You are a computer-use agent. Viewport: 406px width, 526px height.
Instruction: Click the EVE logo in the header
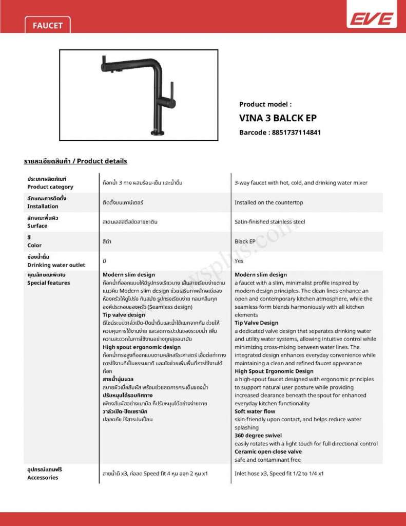click(372, 19)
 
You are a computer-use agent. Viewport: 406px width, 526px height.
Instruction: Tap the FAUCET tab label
click(47, 25)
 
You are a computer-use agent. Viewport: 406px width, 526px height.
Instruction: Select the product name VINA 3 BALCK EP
click(278, 118)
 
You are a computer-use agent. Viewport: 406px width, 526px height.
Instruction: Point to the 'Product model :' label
click(265, 104)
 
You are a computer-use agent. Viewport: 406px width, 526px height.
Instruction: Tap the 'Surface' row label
click(37, 226)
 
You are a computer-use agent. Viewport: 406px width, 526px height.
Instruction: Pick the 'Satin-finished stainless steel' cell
click(269, 222)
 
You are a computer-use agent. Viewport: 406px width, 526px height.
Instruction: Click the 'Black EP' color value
click(245, 241)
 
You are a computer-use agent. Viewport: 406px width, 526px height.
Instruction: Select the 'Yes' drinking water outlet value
click(239, 261)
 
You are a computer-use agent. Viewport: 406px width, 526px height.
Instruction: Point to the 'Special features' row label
click(48, 283)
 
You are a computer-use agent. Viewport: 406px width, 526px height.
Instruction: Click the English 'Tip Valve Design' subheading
click(256, 323)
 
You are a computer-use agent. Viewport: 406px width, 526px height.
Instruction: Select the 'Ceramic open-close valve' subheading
click(268, 452)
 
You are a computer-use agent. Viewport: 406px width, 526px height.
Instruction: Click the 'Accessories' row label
click(43, 478)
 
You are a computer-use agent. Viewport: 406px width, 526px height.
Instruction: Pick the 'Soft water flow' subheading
click(255, 411)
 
